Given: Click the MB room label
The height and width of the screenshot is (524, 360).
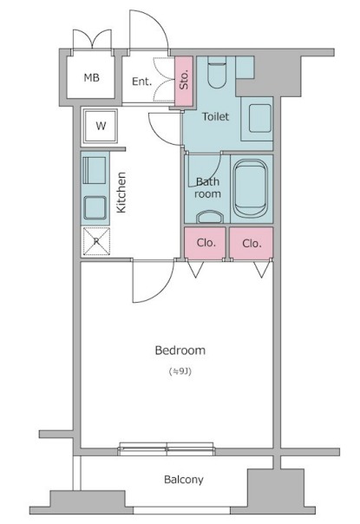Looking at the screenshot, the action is (x=91, y=78).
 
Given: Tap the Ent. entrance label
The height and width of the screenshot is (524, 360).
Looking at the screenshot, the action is (x=141, y=82).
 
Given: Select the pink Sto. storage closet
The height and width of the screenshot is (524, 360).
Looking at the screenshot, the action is (x=184, y=81).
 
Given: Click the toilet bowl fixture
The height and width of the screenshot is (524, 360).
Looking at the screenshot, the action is (x=217, y=72).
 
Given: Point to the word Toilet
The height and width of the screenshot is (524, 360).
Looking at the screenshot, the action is (x=216, y=116).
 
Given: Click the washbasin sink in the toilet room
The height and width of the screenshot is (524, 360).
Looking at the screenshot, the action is (x=259, y=118).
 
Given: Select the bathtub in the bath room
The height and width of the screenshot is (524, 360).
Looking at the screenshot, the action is (x=251, y=187).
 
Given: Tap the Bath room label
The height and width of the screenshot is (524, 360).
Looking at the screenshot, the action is (x=207, y=187).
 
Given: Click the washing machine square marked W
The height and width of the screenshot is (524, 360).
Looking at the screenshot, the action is (x=101, y=126).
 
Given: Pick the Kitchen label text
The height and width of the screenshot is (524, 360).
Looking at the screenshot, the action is (x=121, y=192).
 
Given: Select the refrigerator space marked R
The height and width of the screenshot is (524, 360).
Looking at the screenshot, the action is (x=96, y=241).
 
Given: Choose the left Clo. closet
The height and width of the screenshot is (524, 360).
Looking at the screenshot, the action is (x=205, y=243).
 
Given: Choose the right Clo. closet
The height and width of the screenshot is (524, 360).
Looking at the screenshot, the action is (x=252, y=243).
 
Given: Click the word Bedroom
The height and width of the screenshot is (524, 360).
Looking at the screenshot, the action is (x=180, y=350).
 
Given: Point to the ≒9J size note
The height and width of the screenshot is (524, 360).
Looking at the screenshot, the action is (x=180, y=371).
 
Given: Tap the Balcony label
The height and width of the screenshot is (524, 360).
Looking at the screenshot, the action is (x=184, y=480).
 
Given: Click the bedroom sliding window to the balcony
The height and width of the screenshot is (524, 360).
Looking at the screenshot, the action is (x=167, y=449).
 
